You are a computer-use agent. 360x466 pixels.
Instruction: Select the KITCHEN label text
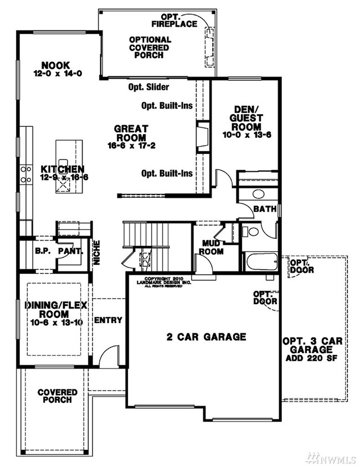click(63, 168)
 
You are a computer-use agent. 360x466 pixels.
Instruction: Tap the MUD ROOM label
click(212, 247)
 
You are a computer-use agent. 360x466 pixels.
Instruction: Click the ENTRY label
click(108, 320)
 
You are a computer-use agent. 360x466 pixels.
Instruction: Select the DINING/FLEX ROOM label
click(54, 309)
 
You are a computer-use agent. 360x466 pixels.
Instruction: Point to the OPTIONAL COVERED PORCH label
click(150, 47)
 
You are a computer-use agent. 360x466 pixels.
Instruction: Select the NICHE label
click(96, 252)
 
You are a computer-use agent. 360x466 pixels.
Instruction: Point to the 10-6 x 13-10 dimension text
click(54, 322)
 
